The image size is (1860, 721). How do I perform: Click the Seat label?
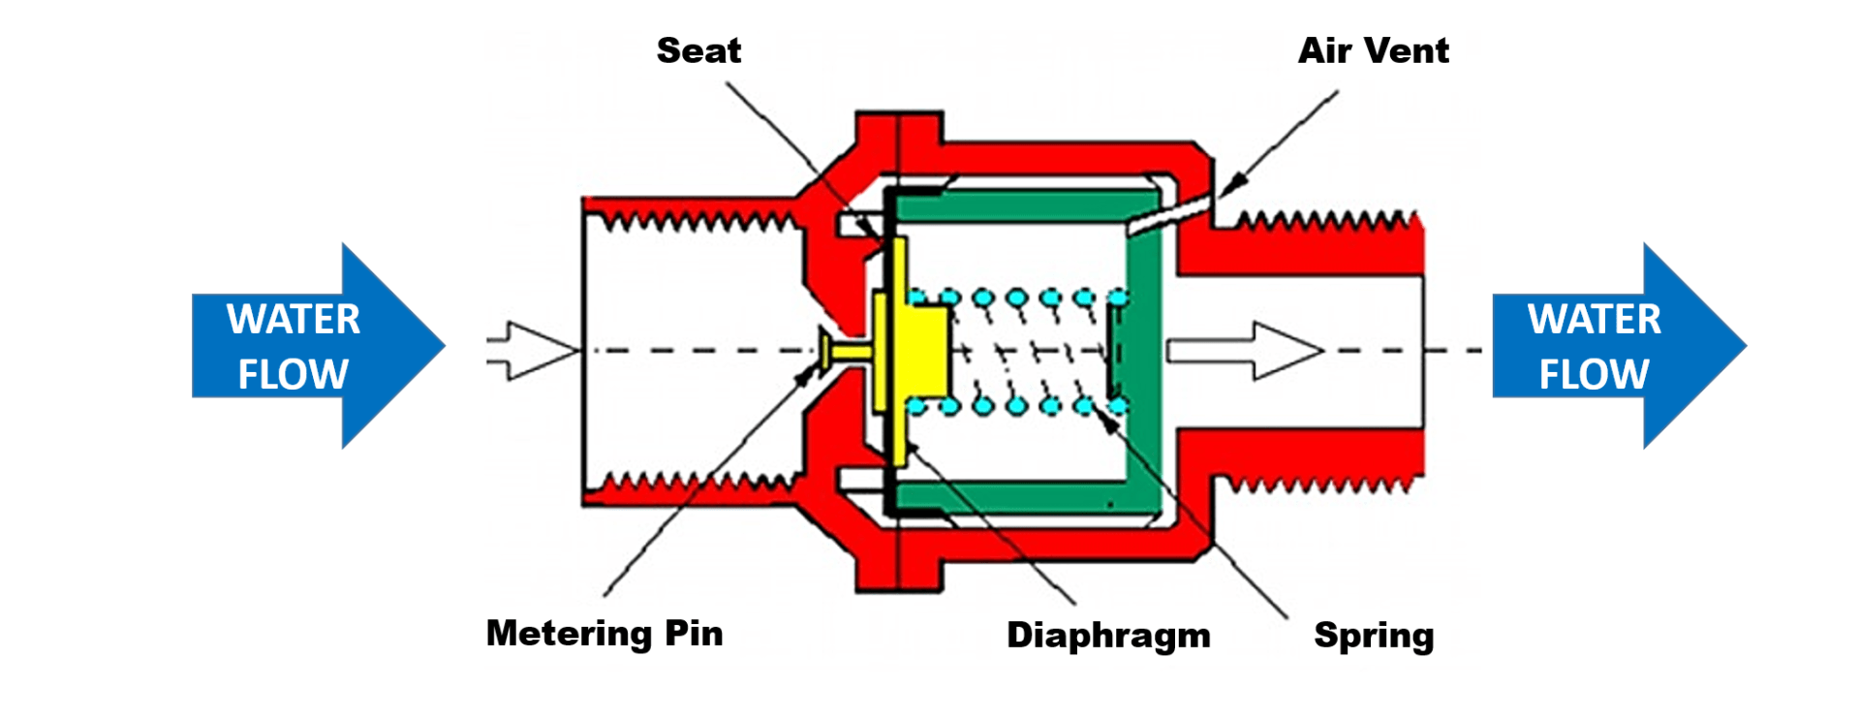698,50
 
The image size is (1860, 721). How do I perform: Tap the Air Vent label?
1373,50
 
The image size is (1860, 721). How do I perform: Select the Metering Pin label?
604,633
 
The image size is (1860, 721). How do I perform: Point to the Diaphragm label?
1108,635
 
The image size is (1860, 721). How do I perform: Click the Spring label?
1374,636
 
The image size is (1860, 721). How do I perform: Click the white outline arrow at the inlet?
533,349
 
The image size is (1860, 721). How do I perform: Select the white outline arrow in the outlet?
1245,350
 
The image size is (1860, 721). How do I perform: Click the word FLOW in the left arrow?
293,374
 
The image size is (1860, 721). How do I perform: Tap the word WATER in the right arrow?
1594,319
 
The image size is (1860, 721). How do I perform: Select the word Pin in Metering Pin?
694,633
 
